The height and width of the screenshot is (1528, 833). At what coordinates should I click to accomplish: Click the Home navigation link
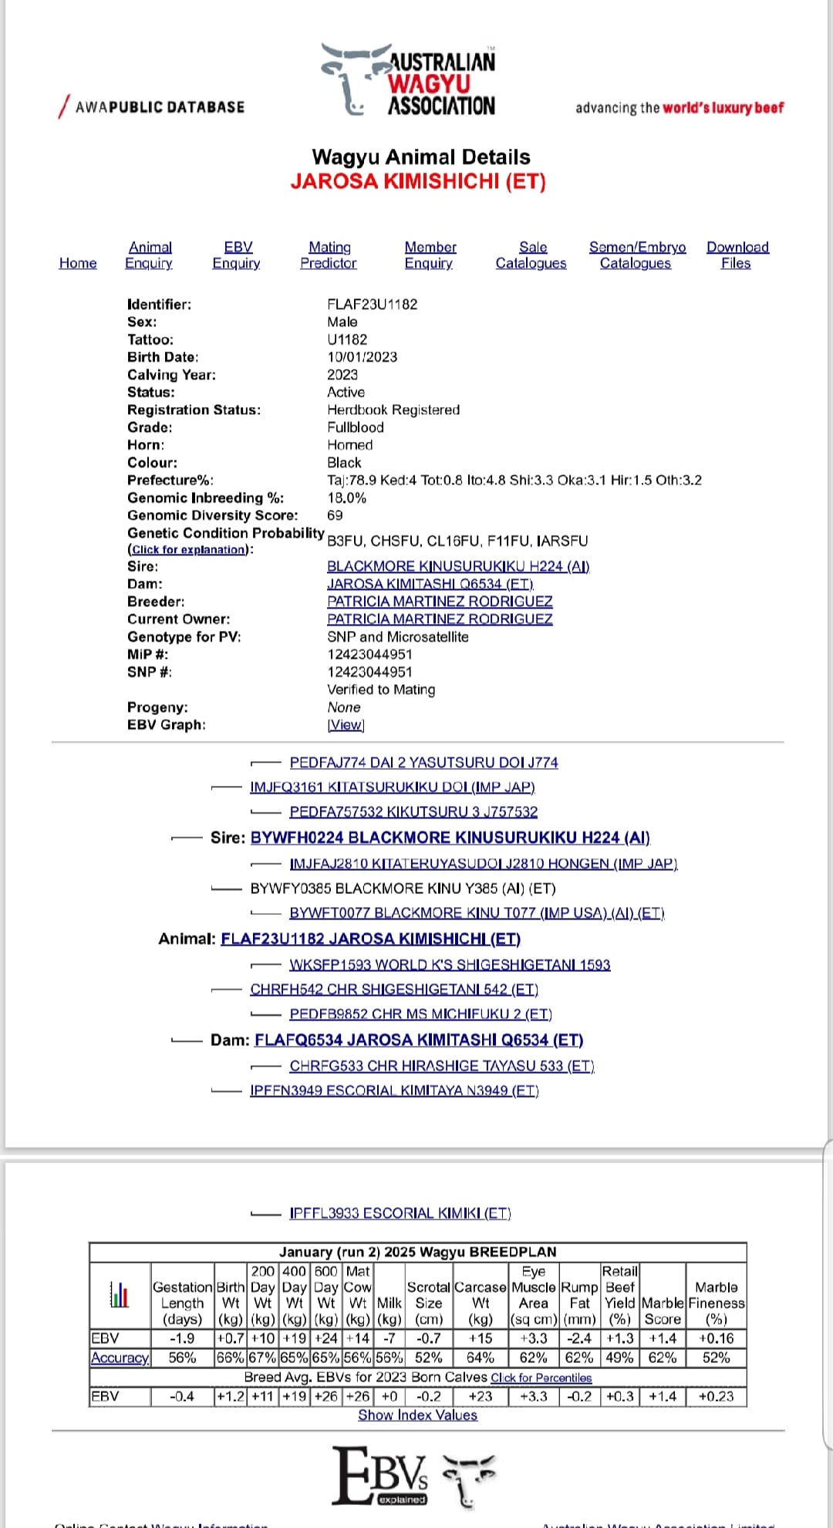[x=78, y=263]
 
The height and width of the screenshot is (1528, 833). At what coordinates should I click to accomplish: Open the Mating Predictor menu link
[x=329, y=255]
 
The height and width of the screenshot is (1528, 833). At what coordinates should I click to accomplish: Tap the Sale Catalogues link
[x=531, y=255]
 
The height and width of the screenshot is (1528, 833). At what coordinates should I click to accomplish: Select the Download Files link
[x=737, y=255]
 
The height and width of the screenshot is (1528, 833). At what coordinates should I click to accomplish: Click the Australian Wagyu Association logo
[x=410, y=81]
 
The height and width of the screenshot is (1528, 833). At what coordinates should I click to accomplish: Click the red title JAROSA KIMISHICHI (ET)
[x=418, y=181]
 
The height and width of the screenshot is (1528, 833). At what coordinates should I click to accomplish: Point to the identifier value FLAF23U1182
[x=372, y=304]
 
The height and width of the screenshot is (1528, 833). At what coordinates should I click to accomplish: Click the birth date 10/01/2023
[x=362, y=356]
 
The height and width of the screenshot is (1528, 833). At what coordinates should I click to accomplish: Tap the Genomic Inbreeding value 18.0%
[x=346, y=498]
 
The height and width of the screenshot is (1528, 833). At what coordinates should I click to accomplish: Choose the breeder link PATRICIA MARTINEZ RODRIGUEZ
[x=440, y=601]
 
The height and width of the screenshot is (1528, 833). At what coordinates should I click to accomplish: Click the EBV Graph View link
[x=345, y=725]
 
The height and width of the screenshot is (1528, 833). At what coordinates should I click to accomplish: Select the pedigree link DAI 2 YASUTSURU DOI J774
[x=423, y=762]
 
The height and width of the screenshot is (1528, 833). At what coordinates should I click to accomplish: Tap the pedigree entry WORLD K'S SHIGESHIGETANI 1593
[x=450, y=964]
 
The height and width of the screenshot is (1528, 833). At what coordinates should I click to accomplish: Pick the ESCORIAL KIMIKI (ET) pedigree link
[x=400, y=1213]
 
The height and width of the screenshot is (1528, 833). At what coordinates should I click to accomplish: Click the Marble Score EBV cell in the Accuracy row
[x=662, y=1358]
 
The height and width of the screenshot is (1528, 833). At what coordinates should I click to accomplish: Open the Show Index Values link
[x=417, y=1415]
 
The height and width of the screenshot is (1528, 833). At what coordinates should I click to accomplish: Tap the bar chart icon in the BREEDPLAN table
[x=119, y=1294]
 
